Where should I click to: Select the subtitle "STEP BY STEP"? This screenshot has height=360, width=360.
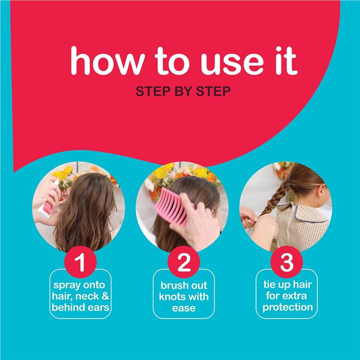(183, 91)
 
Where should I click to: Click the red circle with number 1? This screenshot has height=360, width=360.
(81, 264)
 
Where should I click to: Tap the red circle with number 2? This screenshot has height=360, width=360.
(182, 264)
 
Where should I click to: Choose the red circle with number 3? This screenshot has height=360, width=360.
(286, 264)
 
